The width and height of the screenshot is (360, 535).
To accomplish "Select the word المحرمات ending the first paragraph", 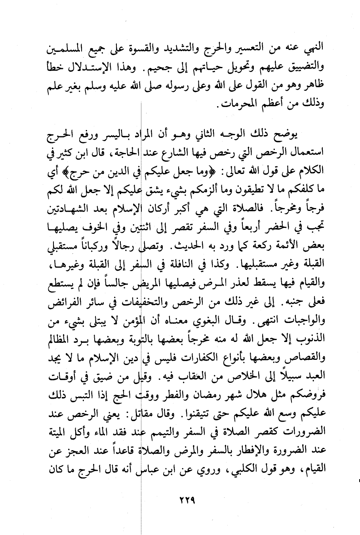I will click(x=237, y=105).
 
